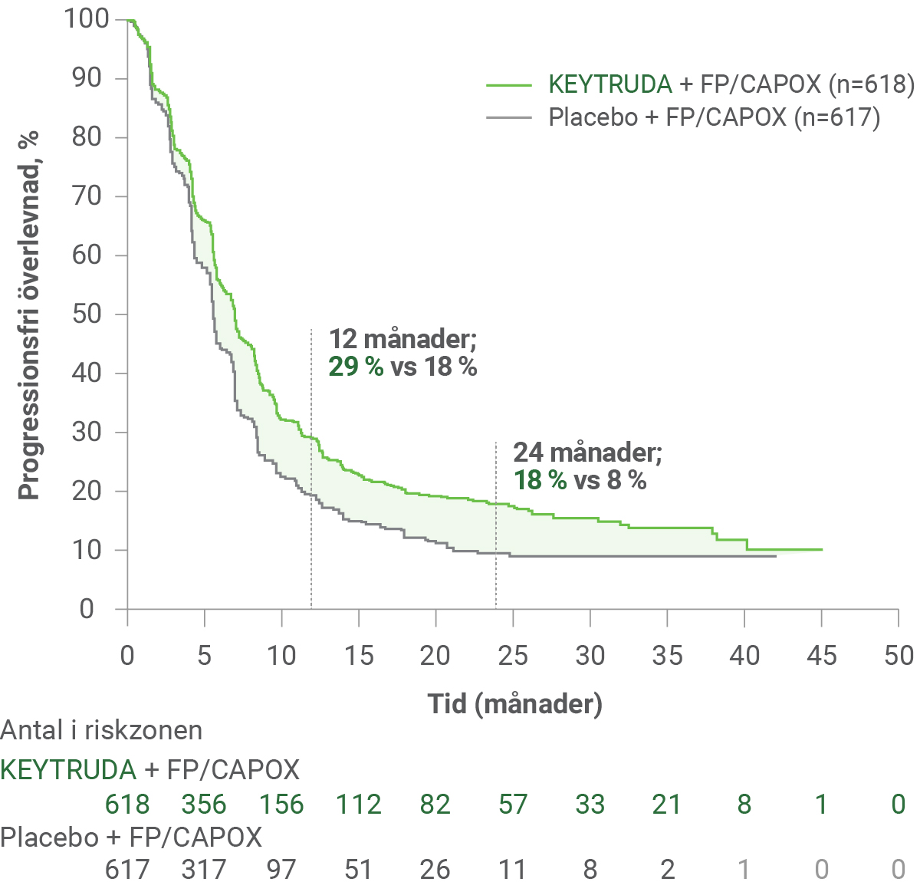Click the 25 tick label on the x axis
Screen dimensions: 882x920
tap(512, 656)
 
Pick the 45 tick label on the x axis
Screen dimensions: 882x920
tap(821, 656)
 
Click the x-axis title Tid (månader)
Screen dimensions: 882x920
tap(514, 703)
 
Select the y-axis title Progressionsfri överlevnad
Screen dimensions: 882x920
tap(29, 314)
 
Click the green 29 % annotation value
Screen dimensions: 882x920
tap(356, 367)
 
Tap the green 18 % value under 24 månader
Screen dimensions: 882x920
tap(540, 480)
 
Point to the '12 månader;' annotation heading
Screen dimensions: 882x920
tap(402, 339)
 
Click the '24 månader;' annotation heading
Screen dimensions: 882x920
tap(587, 453)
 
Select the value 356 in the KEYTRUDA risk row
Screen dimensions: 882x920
tap(204, 804)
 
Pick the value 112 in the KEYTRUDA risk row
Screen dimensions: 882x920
tap(358, 804)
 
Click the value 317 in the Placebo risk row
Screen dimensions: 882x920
tap(204, 870)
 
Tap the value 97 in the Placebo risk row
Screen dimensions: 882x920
tap(281, 870)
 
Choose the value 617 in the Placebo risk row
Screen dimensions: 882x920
tap(127, 870)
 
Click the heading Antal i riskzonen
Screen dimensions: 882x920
tap(101, 730)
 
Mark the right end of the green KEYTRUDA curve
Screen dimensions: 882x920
tap(822, 549)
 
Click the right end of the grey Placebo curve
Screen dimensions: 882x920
tap(776, 556)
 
